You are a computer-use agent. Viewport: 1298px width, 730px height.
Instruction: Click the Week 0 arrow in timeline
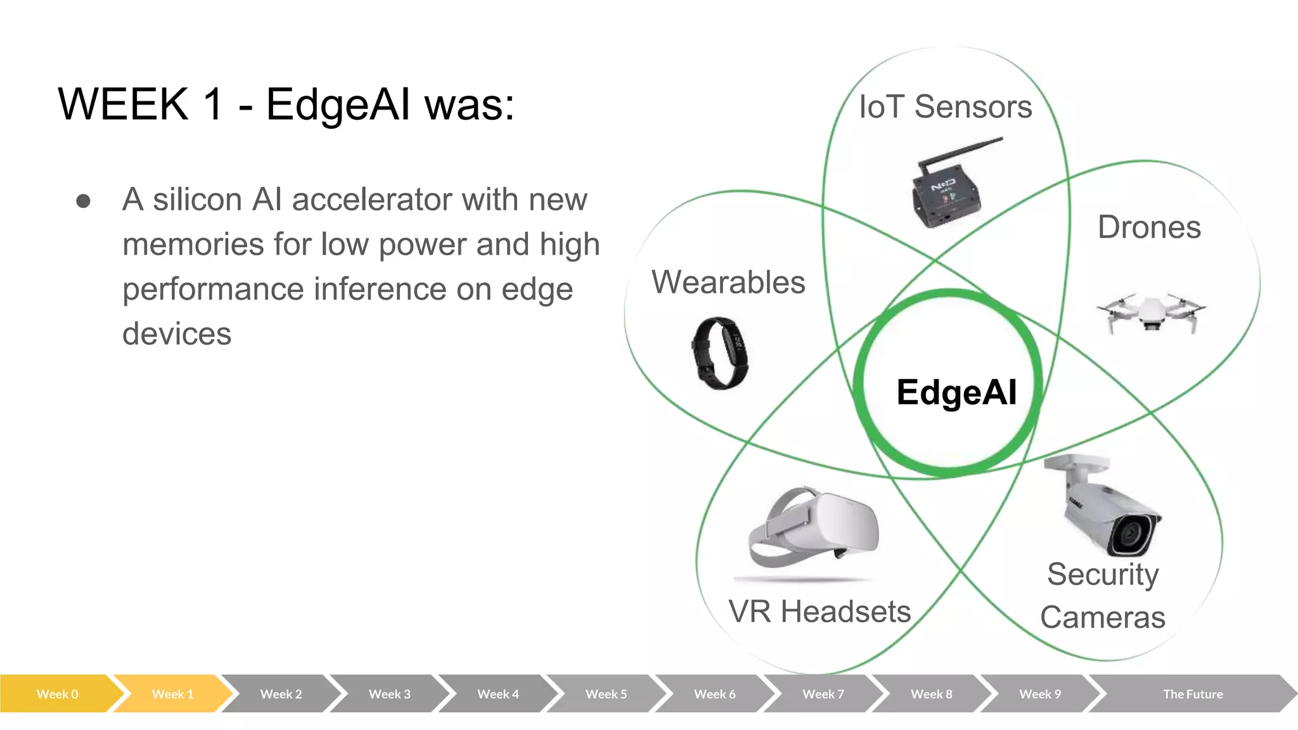coord(57,694)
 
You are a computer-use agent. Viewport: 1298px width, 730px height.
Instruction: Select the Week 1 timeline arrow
coord(172,694)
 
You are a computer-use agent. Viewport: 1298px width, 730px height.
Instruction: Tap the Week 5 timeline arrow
coord(606,694)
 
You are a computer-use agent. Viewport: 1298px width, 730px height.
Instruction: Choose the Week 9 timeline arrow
coord(1039,694)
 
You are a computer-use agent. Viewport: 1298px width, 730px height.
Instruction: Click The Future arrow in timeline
coord(1192,694)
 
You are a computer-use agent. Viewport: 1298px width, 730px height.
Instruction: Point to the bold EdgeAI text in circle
coord(956,392)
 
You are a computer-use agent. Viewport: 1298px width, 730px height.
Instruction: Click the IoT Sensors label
coord(945,106)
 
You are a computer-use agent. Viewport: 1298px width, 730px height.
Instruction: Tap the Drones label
coord(1148,227)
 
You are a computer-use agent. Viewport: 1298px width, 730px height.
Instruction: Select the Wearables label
coord(728,282)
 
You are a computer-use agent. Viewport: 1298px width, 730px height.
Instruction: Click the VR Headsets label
coord(819,612)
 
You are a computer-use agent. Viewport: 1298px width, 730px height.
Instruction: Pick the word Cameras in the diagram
coord(1102,617)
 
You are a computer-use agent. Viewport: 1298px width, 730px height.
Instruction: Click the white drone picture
coord(1151,312)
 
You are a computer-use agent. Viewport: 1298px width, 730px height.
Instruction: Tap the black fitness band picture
coord(720,352)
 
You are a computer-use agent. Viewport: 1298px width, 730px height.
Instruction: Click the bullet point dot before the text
coord(83,201)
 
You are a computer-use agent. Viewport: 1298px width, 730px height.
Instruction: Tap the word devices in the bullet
coord(177,334)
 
